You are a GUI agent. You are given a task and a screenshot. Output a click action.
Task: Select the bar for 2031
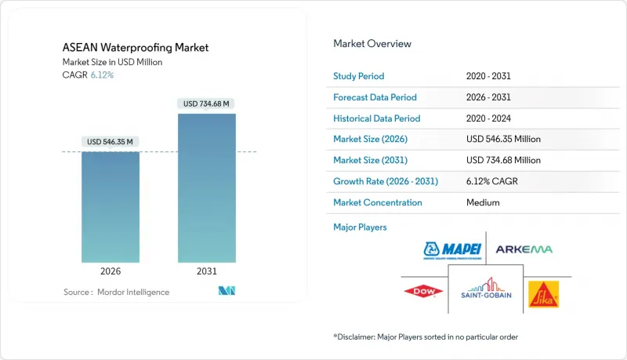[x=206, y=188]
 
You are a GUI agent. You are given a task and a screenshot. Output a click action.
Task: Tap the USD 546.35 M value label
[x=111, y=142]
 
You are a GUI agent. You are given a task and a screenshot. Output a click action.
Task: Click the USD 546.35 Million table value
[x=502, y=140]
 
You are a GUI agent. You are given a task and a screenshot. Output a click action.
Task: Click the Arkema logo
[x=524, y=249]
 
